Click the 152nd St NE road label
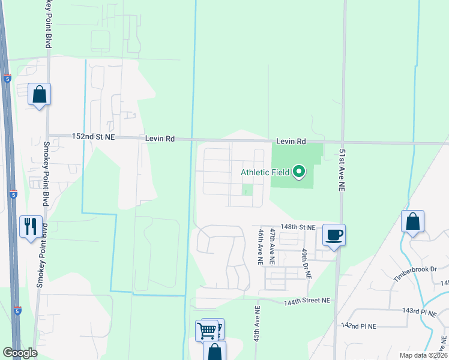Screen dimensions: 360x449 tap(93, 137)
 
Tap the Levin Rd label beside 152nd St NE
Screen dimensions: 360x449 tap(160, 139)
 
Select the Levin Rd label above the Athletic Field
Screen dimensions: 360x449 tap(291, 142)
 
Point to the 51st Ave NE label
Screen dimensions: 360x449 tap(342, 170)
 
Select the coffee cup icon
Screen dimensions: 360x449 tap(334, 235)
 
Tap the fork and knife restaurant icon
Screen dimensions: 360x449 tap(31, 227)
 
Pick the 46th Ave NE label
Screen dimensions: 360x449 tap(261, 246)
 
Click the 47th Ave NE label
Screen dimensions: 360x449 tap(273, 246)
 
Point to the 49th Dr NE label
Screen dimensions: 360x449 tap(306, 263)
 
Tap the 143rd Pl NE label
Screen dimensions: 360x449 tap(423, 311)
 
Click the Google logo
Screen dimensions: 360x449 tap(20, 353)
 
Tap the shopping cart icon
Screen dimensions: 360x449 tap(207, 329)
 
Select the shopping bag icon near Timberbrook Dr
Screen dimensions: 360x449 tap(412, 222)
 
